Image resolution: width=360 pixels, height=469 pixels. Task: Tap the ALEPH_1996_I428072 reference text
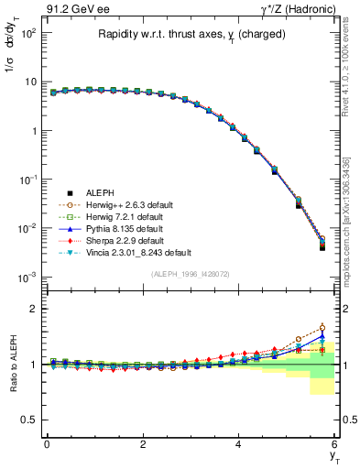[x=191, y=274]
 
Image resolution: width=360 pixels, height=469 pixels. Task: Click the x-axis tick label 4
[x=239, y=444]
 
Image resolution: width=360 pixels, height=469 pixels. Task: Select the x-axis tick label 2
[x=143, y=444]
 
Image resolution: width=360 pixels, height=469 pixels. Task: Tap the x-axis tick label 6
[x=335, y=444]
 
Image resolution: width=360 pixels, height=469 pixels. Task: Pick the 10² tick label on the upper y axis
[x=29, y=33]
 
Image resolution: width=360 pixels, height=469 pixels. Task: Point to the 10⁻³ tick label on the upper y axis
[x=29, y=277]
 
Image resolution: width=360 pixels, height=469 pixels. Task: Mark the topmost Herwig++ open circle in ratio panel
[x=322, y=328]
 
